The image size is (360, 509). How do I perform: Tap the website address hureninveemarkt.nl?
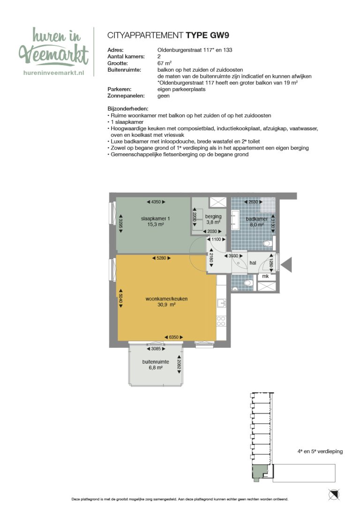(53, 73)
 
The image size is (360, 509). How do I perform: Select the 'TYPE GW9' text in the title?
(207, 35)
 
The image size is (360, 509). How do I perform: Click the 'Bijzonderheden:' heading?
(127, 109)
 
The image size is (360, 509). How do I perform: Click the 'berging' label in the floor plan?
(213, 217)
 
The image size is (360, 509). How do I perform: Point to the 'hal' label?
(253, 263)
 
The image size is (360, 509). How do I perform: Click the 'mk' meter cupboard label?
(265, 277)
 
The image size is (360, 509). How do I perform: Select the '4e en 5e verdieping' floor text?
(320, 451)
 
